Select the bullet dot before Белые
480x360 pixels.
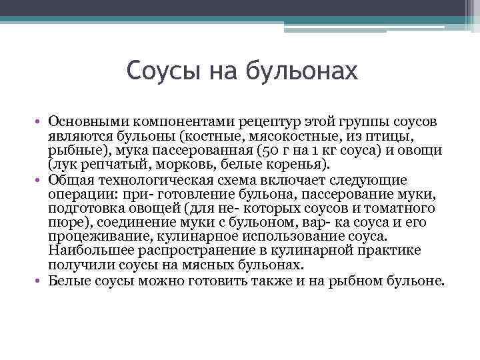point(41,281)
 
